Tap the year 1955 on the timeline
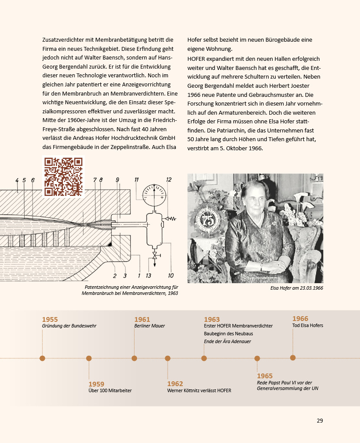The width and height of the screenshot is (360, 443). [x=50, y=320]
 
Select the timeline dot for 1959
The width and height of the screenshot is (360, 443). [x=89, y=358]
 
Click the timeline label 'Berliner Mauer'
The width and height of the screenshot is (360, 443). [x=149, y=326]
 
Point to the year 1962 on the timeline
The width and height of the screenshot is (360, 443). [x=175, y=384]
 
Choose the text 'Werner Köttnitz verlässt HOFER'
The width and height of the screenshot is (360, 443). [x=199, y=390]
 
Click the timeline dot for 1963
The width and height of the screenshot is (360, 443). [x=204, y=358]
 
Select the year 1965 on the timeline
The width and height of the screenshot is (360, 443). [x=265, y=376]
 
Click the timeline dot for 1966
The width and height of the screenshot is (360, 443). [x=293, y=358]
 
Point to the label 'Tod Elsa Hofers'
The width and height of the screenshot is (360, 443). [x=307, y=325]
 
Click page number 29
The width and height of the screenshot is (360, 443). [x=320, y=420]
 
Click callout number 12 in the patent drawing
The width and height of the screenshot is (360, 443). [x=168, y=179]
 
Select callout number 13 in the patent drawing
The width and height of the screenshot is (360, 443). [x=149, y=276]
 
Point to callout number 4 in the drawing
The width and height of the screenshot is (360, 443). [x=17, y=180]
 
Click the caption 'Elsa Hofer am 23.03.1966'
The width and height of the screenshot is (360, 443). [x=297, y=288]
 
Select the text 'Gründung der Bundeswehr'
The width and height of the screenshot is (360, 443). [x=69, y=326]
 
